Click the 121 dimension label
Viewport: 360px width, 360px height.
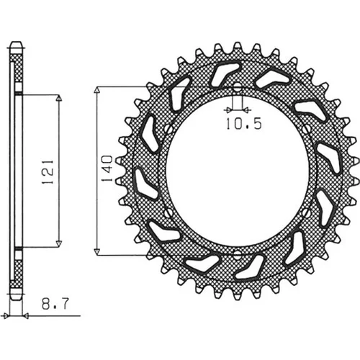point(48,171)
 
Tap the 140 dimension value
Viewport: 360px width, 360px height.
point(107,168)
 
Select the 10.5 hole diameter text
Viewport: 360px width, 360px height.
point(244,124)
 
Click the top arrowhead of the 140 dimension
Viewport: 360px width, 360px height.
point(96,90)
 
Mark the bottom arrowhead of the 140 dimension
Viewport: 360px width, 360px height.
point(96,252)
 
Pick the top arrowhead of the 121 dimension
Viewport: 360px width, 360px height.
point(59,99)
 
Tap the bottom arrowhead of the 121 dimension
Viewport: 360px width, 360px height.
point(59,243)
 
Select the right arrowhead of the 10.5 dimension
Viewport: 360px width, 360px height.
point(246,110)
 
